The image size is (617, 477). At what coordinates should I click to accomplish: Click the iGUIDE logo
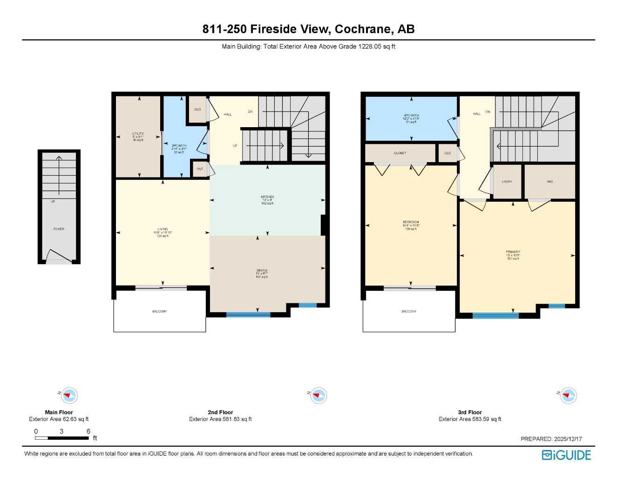pos(566,455)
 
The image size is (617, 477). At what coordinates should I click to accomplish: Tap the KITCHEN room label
pos(267,197)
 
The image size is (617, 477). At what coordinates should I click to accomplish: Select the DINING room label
pos(262,271)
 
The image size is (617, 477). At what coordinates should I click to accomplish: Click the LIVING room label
pos(163,229)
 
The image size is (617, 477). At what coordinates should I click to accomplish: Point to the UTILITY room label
pos(138,134)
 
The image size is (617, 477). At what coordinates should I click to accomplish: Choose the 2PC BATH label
pos(179,146)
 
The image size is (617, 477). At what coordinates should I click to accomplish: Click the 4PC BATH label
pos(411,116)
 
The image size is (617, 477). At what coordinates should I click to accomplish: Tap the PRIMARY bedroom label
pos(513,252)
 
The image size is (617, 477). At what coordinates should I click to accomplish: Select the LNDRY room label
pos(507,182)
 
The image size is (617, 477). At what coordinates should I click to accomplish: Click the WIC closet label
pos(550,182)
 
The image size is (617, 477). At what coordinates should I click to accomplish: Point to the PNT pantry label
pos(200,169)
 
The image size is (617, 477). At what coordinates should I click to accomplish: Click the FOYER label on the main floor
pos(59,229)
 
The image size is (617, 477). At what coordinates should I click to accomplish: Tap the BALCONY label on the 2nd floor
pos(159,312)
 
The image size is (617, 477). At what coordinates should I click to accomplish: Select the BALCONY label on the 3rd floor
pos(409,312)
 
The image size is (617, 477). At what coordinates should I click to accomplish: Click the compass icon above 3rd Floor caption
pos(568,396)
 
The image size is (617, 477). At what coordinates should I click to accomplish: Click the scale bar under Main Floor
pos(62,438)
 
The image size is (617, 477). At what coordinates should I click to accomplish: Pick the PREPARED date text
pos(551,439)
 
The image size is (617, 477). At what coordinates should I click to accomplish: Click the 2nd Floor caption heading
pos(220,412)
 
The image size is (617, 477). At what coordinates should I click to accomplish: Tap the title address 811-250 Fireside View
pos(308,29)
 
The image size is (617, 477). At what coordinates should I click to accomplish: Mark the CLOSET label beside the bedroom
pos(400,153)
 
